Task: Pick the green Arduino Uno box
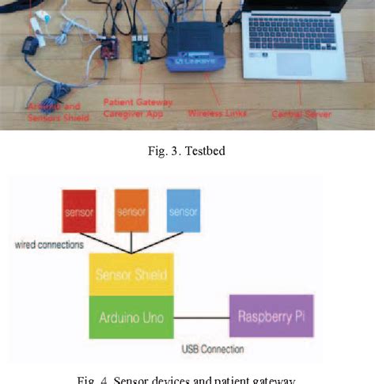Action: pos(131,317)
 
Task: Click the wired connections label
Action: pos(48,245)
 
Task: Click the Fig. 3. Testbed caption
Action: pos(187,151)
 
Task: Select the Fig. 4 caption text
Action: pos(187,378)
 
